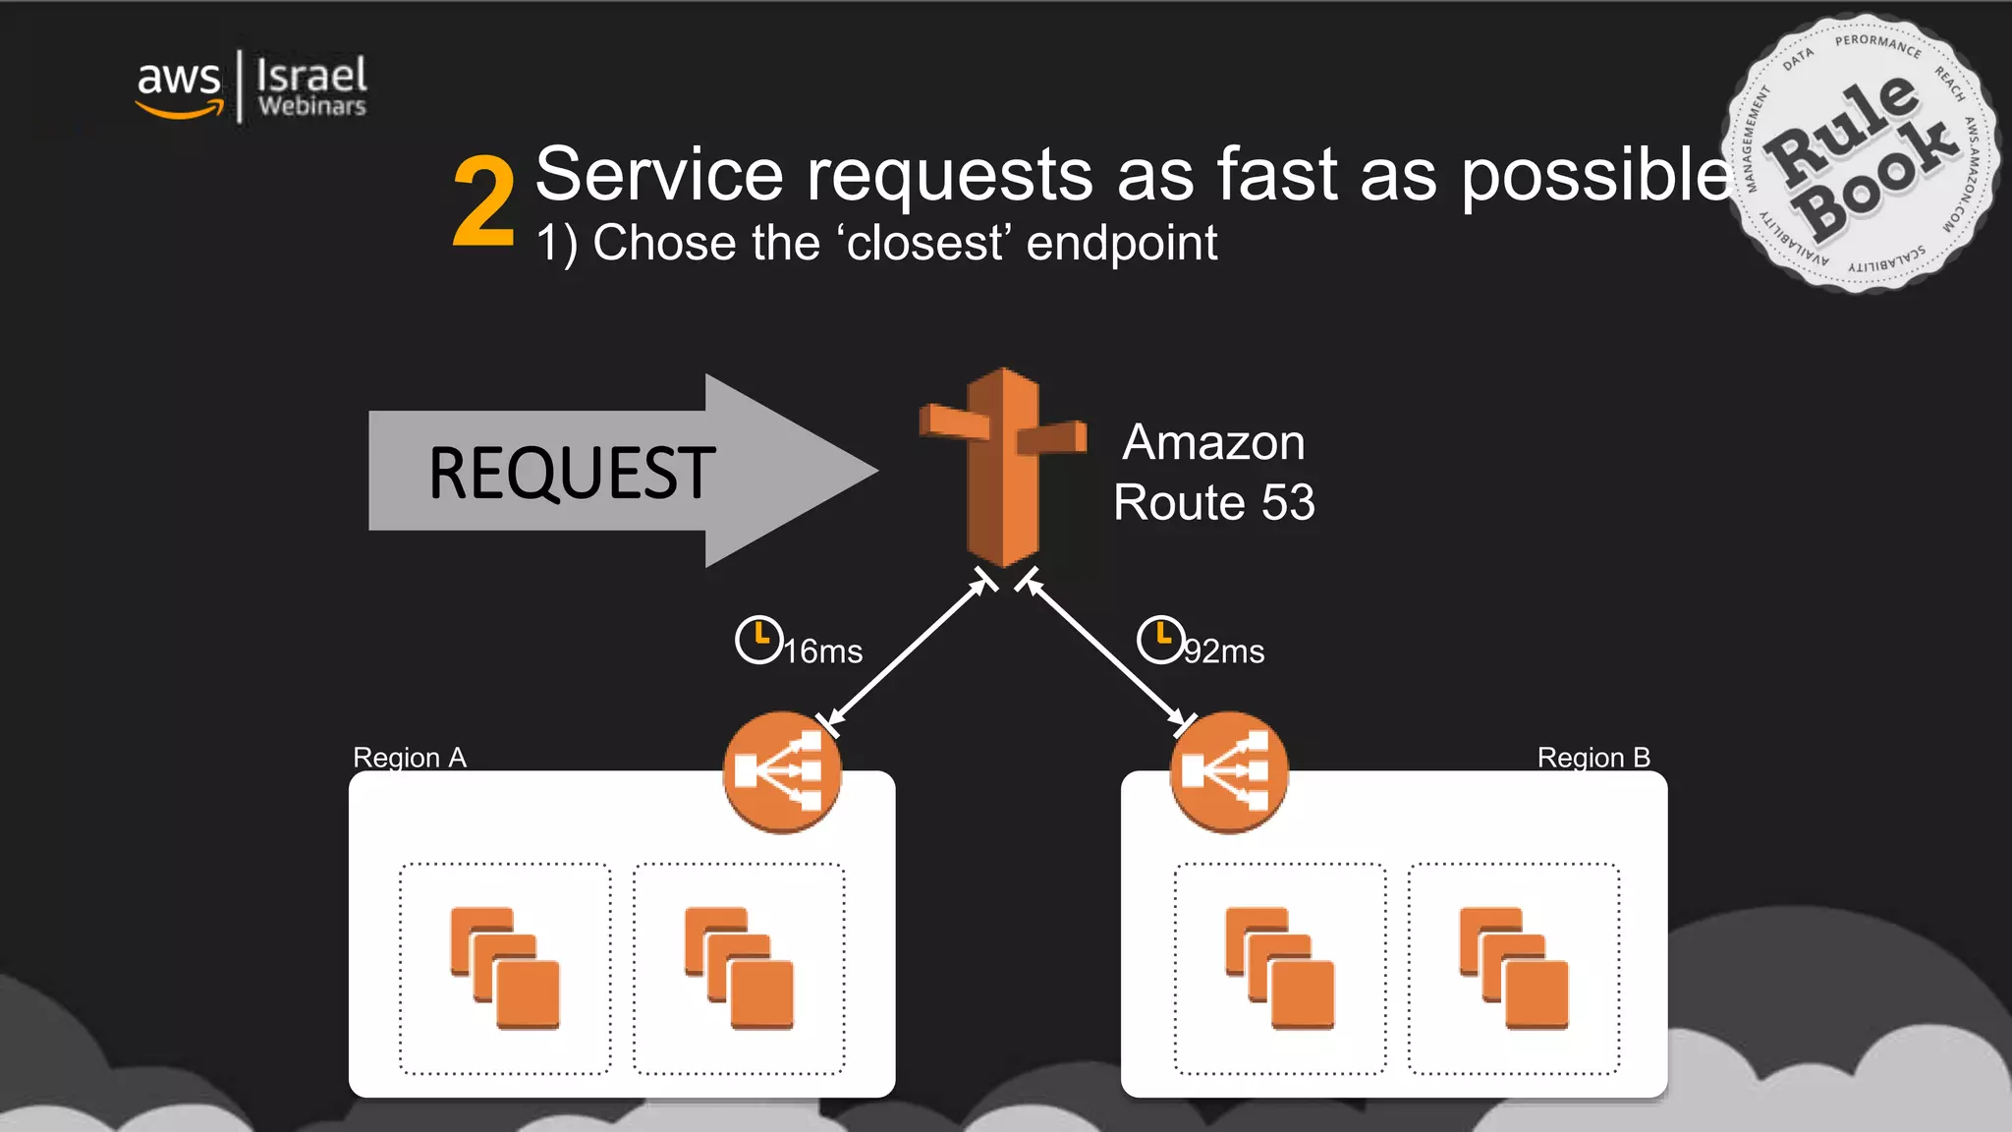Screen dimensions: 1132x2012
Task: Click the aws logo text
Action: (178, 79)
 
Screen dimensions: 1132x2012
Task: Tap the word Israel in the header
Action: (311, 75)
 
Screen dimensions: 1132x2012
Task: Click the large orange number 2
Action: (483, 202)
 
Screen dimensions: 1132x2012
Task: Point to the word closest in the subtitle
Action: (926, 244)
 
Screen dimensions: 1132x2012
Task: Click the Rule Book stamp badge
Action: (1860, 154)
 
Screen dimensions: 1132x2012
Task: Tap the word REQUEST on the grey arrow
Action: (572, 473)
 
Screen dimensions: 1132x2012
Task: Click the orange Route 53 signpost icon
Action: (1003, 467)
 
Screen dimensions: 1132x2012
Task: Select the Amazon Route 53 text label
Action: (1213, 472)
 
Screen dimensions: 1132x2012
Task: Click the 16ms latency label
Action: (823, 651)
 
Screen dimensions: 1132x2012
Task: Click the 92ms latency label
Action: (1224, 651)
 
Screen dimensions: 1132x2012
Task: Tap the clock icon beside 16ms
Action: (758, 640)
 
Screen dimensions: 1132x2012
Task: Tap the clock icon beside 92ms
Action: (1160, 640)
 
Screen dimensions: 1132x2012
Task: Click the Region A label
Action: (410, 758)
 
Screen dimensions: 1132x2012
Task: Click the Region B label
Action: (1593, 758)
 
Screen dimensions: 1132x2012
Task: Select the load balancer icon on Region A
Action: (782, 771)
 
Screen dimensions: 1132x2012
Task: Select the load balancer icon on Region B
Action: (1229, 771)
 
